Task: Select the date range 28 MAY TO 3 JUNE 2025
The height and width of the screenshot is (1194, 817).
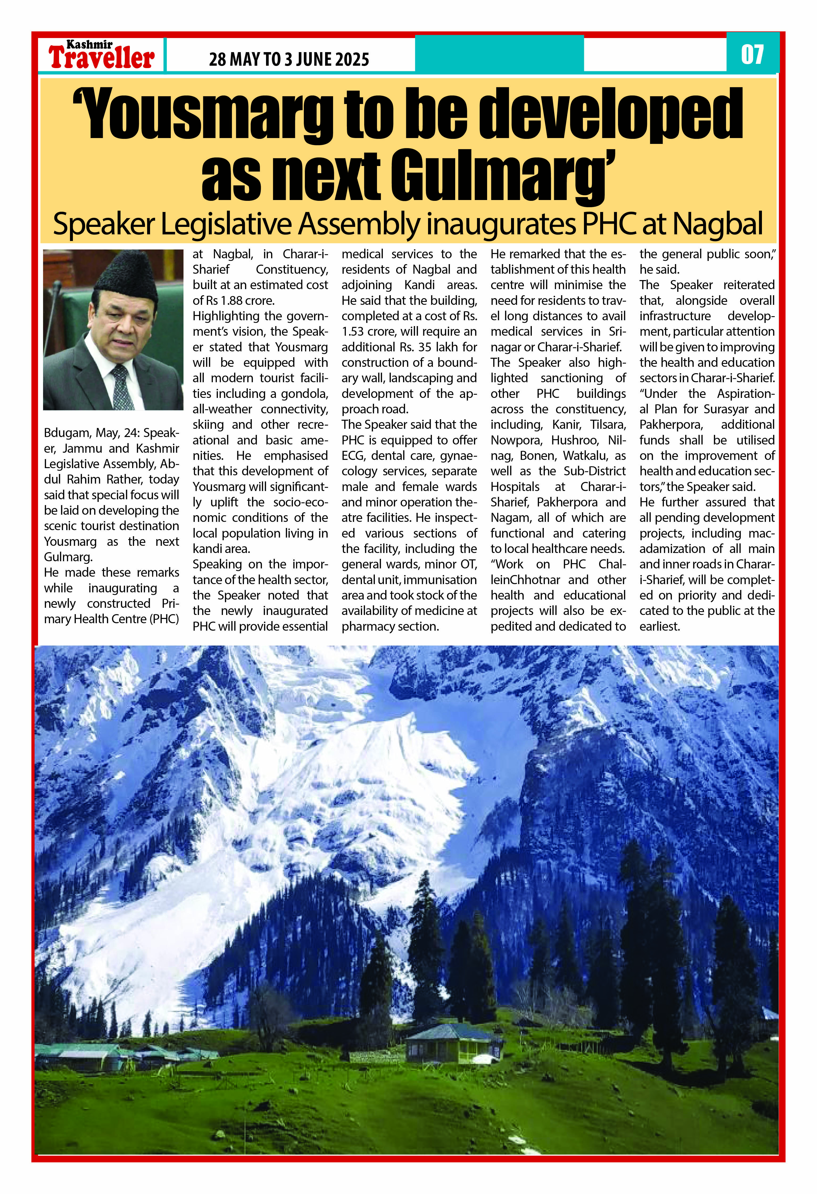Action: (x=289, y=60)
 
